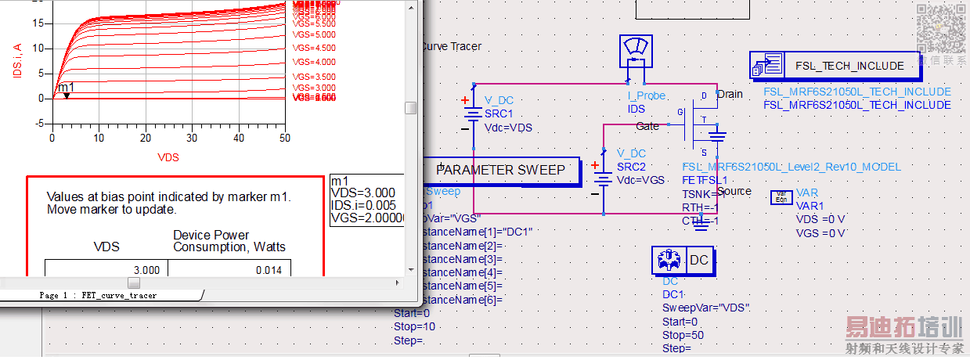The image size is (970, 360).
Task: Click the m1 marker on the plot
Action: point(67,95)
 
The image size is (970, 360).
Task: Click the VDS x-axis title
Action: point(168,157)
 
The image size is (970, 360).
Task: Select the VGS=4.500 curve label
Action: point(314,48)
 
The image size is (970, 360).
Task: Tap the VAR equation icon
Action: point(781,196)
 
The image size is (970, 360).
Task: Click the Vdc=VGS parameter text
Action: point(640,180)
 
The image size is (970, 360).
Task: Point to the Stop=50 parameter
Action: point(683,335)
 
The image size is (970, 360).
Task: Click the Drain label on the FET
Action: point(730,94)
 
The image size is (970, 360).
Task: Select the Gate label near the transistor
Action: point(647,126)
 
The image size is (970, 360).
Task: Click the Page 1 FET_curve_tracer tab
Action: point(98,296)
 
